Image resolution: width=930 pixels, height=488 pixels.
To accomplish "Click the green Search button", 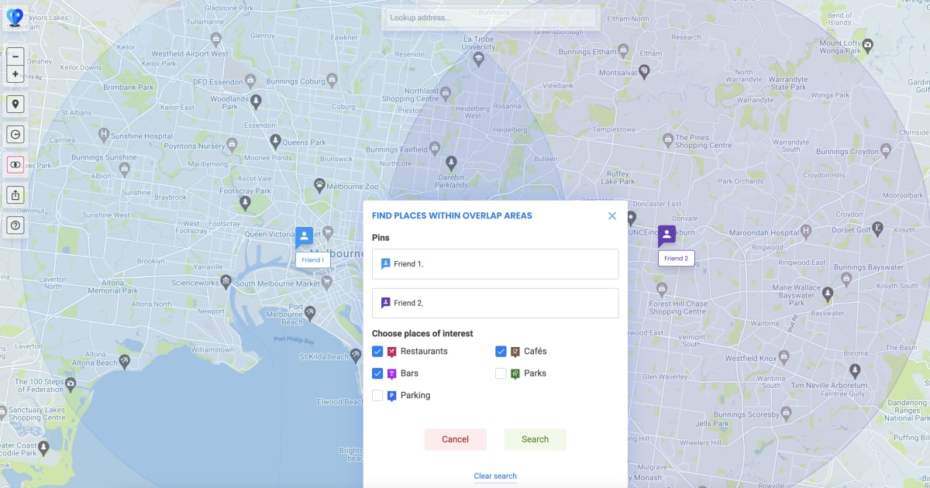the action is [x=535, y=439].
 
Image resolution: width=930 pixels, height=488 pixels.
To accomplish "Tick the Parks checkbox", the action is [x=501, y=373].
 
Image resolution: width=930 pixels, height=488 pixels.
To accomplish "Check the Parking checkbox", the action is [x=377, y=396].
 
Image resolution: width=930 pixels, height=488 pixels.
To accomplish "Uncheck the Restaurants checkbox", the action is [x=377, y=352].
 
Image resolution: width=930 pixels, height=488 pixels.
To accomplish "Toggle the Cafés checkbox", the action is [x=501, y=352].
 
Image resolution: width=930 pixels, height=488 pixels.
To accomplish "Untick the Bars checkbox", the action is [x=377, y=373].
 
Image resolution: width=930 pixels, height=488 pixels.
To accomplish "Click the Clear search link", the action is [x=495, y=476].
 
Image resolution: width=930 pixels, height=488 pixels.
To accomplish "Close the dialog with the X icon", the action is [x=612, y=216].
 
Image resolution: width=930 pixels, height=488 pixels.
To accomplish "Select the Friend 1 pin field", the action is [x=495, y=264].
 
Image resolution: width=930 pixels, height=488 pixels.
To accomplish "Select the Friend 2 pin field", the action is [x=495, y=303].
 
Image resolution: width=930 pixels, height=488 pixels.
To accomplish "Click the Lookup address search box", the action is [x=491, y=18].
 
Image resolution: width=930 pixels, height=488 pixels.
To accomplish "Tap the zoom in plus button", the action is [x=15, y=74].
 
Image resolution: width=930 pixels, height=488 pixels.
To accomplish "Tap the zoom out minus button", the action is [x=15, y=57].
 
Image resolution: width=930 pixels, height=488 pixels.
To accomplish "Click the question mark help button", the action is [x=15, y=225].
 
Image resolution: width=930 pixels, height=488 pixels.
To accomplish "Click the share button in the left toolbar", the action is [x=15, y=195].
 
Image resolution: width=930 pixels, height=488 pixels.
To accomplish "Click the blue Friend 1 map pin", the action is [x=304, y=236].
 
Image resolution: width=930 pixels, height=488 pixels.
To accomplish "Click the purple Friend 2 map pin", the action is [x=666, y=235].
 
